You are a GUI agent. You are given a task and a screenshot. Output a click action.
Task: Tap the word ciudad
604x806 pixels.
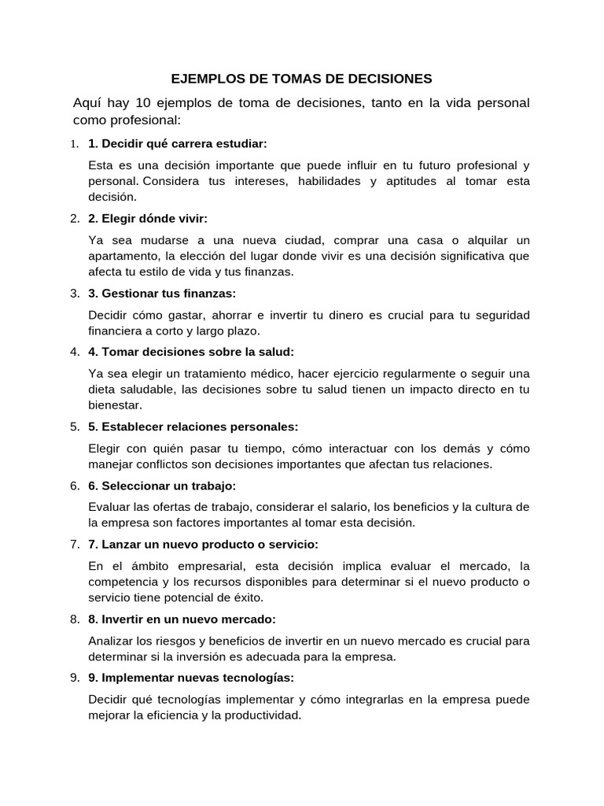coord(301,239)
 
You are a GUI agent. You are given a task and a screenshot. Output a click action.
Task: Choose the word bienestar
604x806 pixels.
coord(115,405)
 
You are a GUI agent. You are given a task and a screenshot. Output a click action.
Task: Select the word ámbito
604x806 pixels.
coord(141,565)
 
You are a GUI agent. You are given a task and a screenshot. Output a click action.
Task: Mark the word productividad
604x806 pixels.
coord(257,715)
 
